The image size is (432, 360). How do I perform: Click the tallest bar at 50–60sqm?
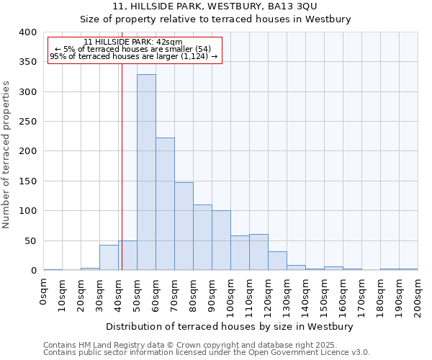pyautogui.click(x=146, y=173)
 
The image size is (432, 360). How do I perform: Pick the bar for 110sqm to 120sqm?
pyautogui.click(x=258, y=253)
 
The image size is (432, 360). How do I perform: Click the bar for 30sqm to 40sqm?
pyautogui.click(x=109, y=258)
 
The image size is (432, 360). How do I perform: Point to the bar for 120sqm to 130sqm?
pyautogui.click(x=277, y=261)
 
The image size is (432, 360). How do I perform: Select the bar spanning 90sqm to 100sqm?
pyautogui.click(x=221, y=240)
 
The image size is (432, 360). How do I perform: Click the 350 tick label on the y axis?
pyautogui.click(x=27, y=63)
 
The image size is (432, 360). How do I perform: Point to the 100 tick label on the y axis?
pyautogui.click(x=27, y=211)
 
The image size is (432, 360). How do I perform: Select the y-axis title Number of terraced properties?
pyautogui.click(x=6, y=155)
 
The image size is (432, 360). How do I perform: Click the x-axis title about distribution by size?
pyautogui.click(x=229, y=327)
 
